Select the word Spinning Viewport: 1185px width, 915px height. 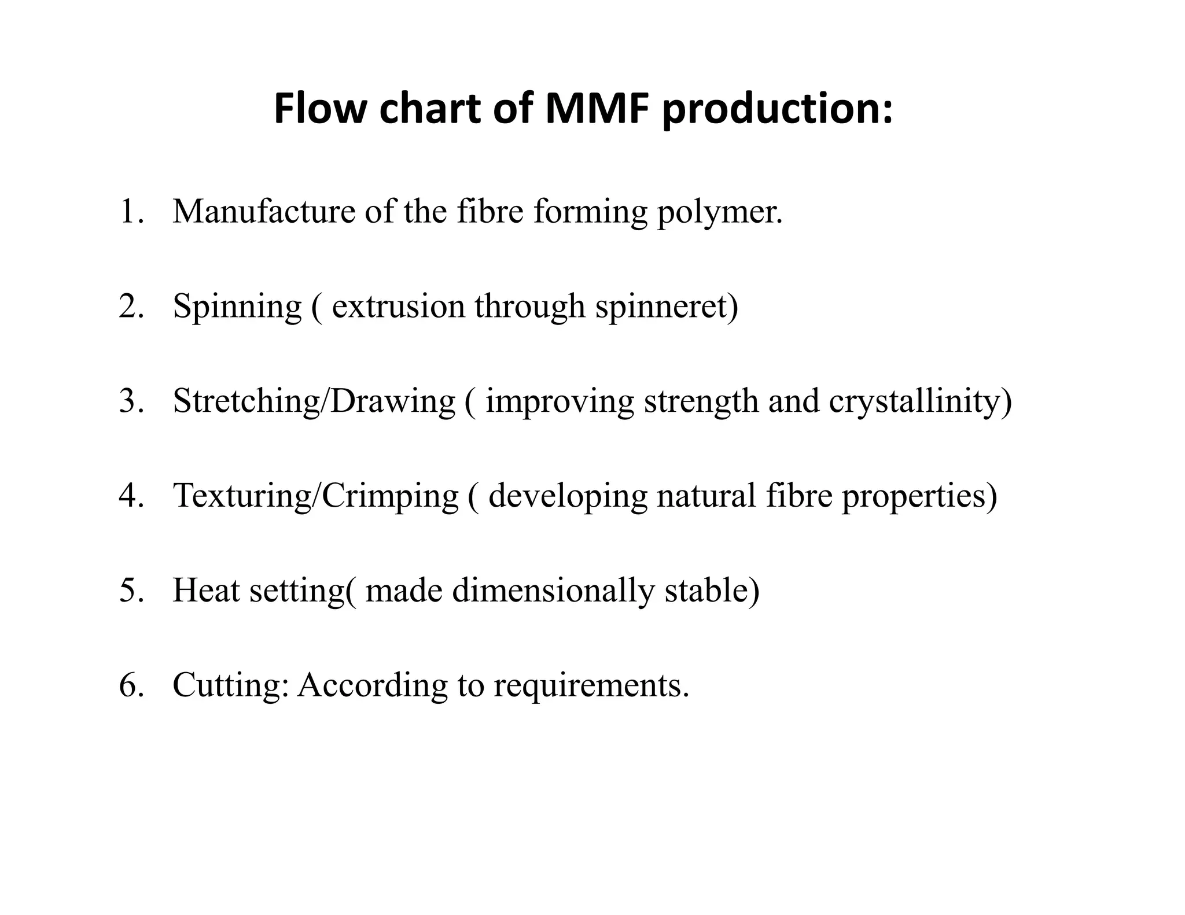tap(237, 307)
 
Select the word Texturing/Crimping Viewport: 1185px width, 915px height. tap(316, 496)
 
